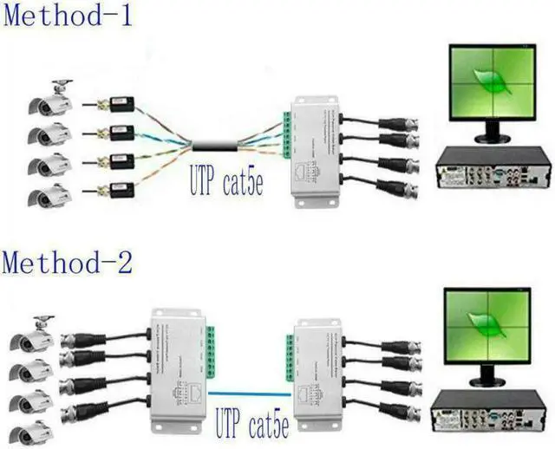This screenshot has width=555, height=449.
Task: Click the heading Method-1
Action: click(x=68, y=15)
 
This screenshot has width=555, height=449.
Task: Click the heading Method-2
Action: click(x=68, y=260)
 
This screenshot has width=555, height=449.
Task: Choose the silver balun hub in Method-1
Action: click(x=317, y=149)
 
